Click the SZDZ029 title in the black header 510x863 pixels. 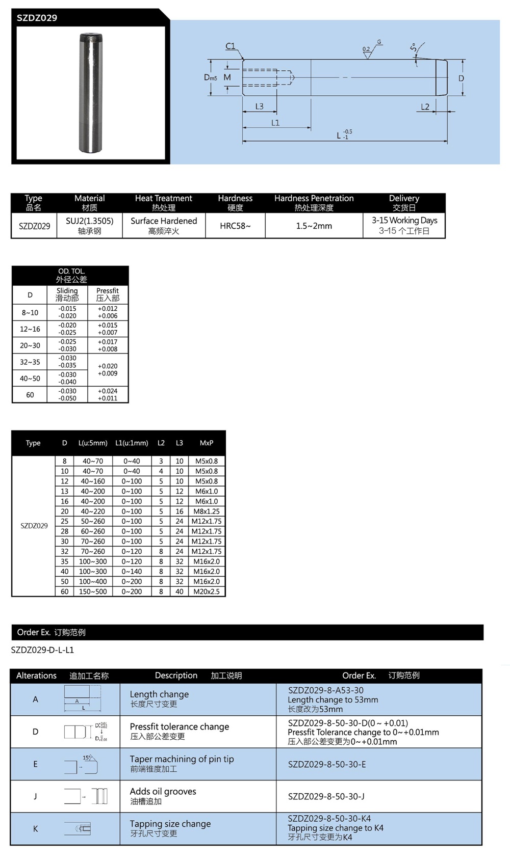(37, 18)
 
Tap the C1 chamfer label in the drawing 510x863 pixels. (231, 46)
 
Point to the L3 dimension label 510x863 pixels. (260, 106)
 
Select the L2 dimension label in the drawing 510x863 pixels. (425, 106)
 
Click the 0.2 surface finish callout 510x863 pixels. (366, 49)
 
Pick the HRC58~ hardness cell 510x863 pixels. (235, 226)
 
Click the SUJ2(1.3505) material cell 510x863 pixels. (90, 221)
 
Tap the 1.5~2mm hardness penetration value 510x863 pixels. (314, 226)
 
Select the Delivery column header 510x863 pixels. (404, 198)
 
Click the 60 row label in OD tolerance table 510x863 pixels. (30, 395)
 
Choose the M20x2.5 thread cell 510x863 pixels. (207, 591)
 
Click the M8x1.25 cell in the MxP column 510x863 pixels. (207, 511)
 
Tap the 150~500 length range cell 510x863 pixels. (93, 591)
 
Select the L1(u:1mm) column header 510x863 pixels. (132, 443)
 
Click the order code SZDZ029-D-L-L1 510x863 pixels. (42, 650)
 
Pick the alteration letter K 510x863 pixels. (35, 829)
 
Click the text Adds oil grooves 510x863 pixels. (163, 791)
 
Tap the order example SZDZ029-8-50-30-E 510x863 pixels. (326, 764)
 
